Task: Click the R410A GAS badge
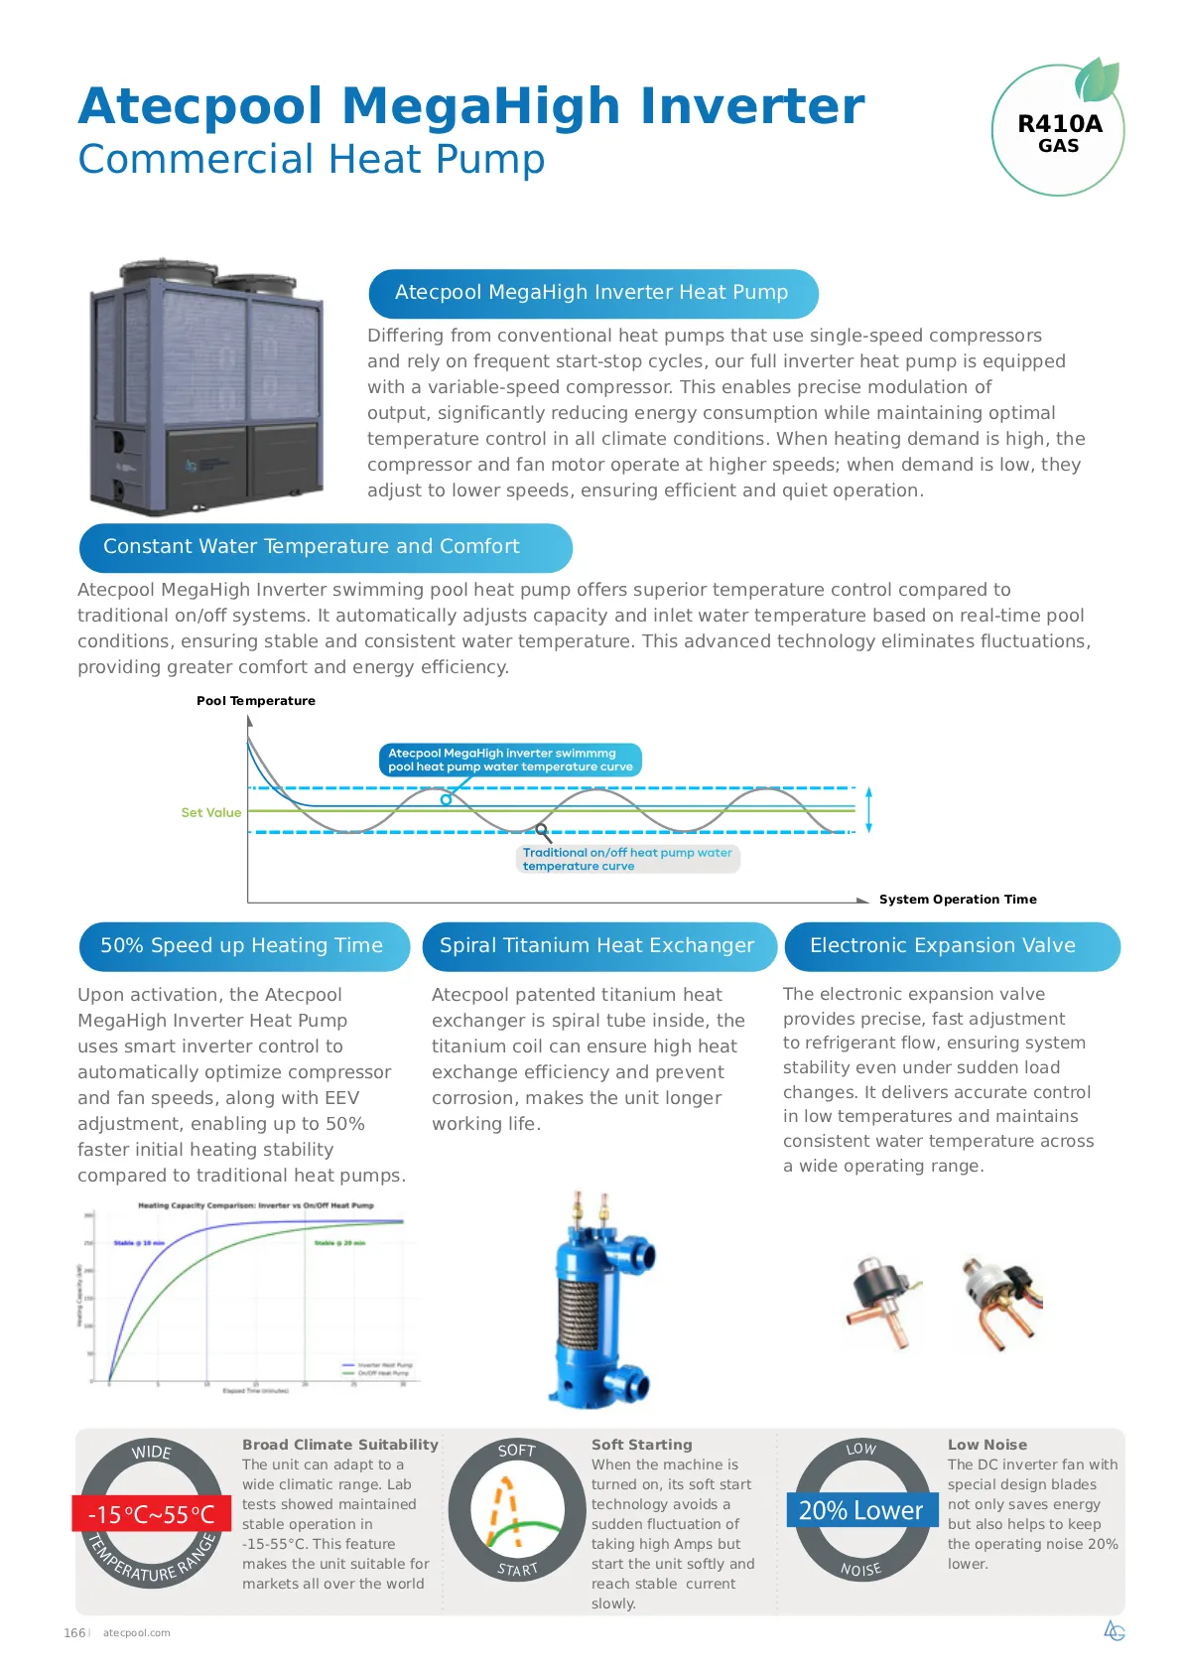1058,132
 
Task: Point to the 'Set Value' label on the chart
210,812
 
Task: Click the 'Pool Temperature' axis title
256,701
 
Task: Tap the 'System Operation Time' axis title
958,900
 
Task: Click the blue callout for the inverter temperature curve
510,760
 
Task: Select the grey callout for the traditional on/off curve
628,859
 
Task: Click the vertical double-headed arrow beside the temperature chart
868,809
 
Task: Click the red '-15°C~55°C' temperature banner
151,1514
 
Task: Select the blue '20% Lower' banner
861,1510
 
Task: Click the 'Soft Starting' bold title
642,1445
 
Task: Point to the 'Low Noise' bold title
987,1445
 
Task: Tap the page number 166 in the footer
74,1632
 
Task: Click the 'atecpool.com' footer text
137,1632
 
